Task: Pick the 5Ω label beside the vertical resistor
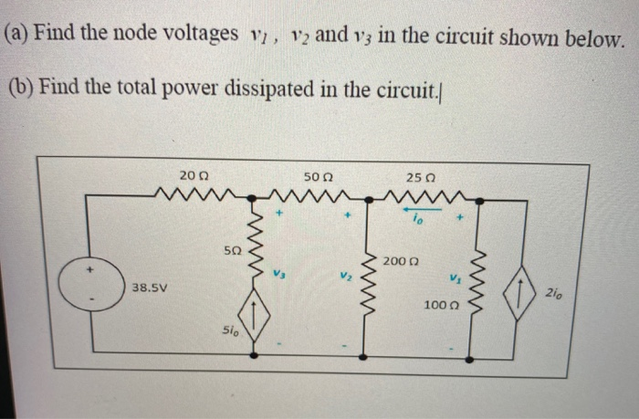233,249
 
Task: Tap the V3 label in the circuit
282,273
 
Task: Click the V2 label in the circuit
343,273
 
